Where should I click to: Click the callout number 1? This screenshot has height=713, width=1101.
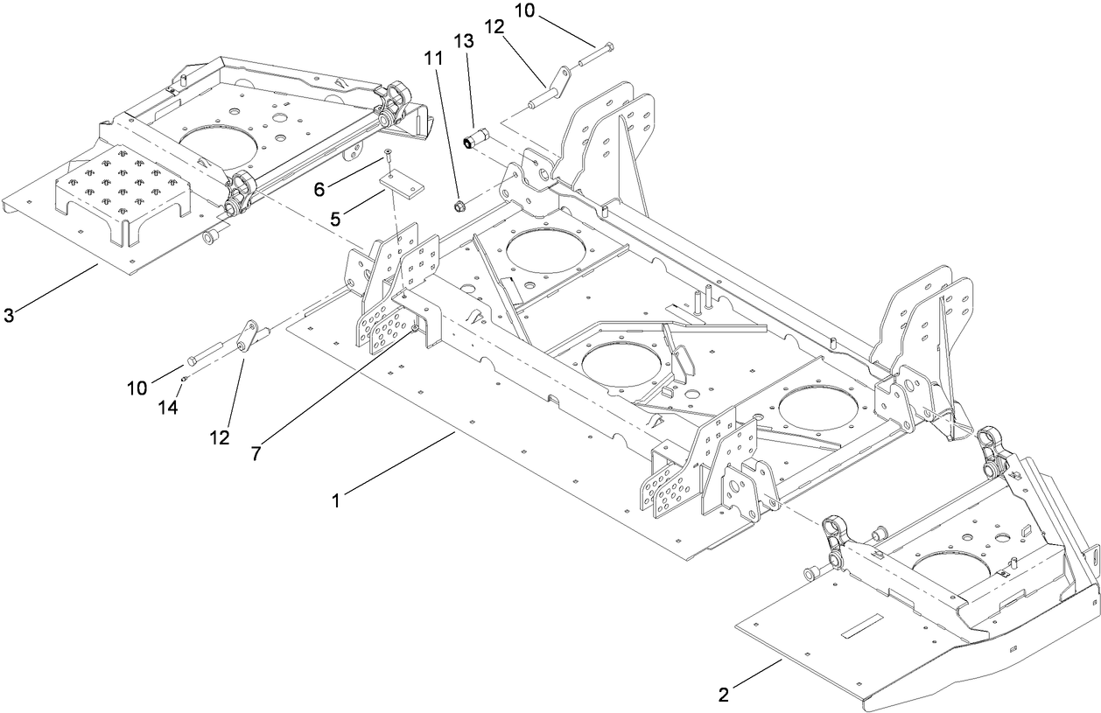(336, 501)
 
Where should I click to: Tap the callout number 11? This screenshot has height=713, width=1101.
(433, 59)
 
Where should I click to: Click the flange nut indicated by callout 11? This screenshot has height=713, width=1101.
(459, 207)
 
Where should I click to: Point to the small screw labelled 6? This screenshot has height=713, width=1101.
(387, 157)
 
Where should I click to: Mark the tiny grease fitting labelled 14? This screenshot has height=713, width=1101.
(186, 378)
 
